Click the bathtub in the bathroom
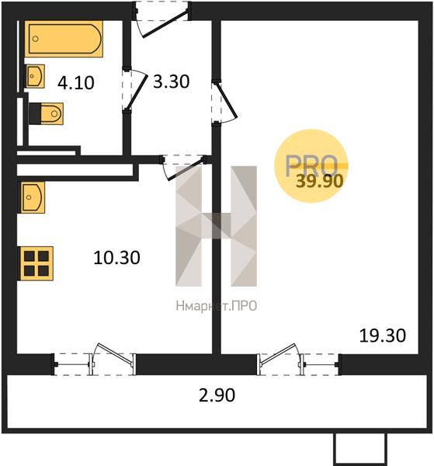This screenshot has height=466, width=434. (64, 39)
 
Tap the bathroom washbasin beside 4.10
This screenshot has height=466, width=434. (35, 76)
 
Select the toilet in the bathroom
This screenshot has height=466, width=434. (47, 113)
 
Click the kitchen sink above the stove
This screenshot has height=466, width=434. (33, 197)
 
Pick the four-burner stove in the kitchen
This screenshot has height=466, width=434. (36, 263)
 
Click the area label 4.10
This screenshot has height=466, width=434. (76, 82)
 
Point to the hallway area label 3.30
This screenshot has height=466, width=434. (171, 82)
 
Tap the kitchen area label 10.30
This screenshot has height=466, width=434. (116, 258)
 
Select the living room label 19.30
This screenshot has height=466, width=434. (383, 336)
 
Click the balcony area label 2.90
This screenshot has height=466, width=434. (217, 395)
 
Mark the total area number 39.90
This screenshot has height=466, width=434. (320, 181)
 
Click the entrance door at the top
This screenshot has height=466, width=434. (162, 19)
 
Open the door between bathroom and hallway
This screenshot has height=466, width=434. (134, 90)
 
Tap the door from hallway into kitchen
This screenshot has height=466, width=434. (183, 167)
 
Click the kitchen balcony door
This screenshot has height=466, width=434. (95, 361)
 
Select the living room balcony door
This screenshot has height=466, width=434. (299, 361)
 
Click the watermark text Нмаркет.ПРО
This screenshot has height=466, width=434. (217, 306)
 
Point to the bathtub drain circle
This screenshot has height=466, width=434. (36, 39)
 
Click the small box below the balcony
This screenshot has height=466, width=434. (360, 448)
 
